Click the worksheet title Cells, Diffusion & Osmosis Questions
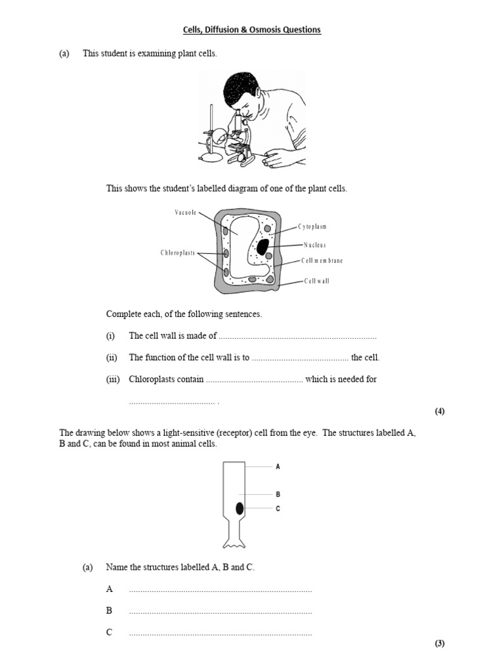pyautogui.click(x=252, y=30)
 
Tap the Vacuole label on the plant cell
pyautogui.click(x=185, y=212)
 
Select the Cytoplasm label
pyautogui.click(x=312, y=226)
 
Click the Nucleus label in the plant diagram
pyautogui.click(x=314, y=245)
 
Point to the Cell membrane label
pyautogui.click(x=322, y=261)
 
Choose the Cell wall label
pyautogui.click(x=316, y=281)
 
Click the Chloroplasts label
pyautogui.click(x=177, y=253)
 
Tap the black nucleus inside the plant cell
pyautogui.click(x=262, y=247)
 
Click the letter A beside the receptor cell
pyautogui.click(x=278, y=467)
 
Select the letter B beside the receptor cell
pyautogui.click(x=278, y=495)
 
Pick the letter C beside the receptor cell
pyautogui.click(x=278, y=509)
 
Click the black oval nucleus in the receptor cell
pyautogui.click(x=240, y=509)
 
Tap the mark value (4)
pyautogui.click(x=440, y=411)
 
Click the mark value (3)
pyautogui.click(x=440, y=643)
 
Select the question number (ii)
pyautogui.click(x=111, y=358)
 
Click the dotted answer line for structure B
pyautogui.click(x=220, y=612)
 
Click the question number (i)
pyautogui.click(x=110, y=336)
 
